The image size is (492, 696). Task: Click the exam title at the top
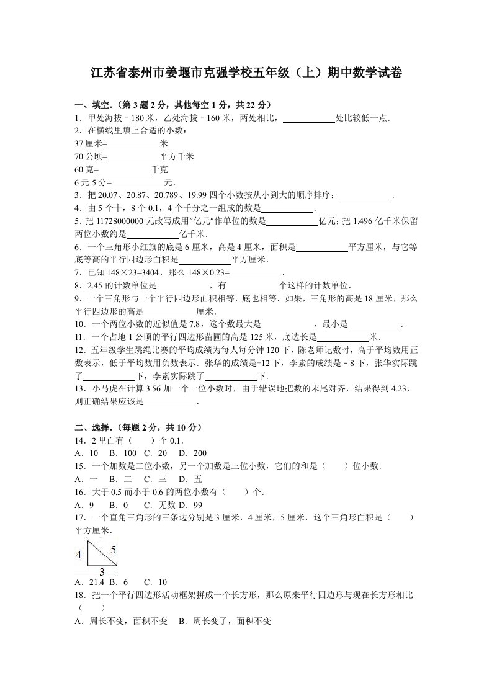[246, 73]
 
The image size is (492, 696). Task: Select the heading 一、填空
[94, 105]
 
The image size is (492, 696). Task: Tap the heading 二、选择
[94, 427]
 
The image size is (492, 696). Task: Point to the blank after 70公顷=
[133, 156]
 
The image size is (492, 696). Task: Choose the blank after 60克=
[125, 169]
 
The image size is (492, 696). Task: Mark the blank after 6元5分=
[138, 182]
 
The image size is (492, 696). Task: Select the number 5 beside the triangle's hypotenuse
[114, 548]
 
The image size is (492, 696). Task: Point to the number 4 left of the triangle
[78, 555]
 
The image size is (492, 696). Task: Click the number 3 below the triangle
[101, 571]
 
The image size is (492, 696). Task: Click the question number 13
[79, 388]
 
